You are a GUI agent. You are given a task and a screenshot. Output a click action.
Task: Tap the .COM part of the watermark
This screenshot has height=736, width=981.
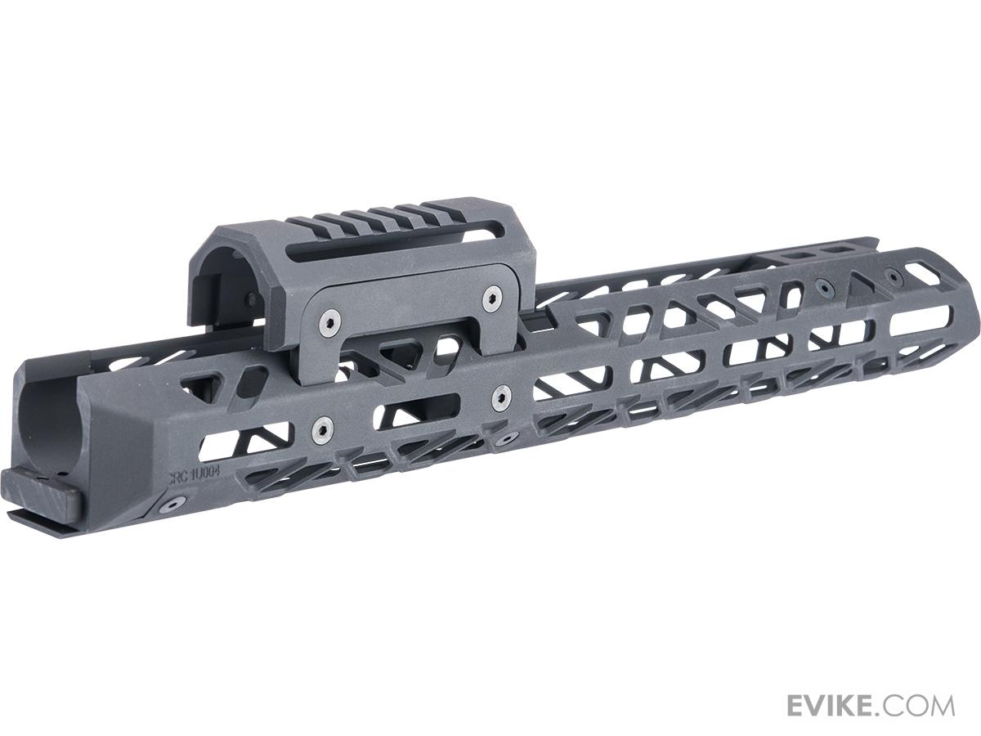922,705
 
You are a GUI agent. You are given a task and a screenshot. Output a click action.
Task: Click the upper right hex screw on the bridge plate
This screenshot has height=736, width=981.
490,298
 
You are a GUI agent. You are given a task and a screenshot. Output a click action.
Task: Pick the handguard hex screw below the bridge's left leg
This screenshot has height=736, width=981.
324,427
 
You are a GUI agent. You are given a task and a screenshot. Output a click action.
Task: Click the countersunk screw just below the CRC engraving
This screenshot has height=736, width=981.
172,505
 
